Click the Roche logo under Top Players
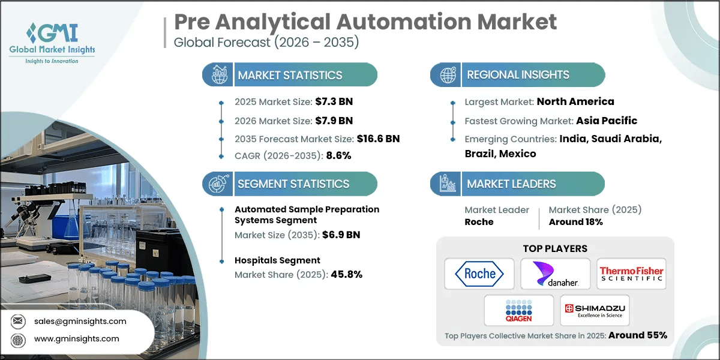point(479,274)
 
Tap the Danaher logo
point(555,274)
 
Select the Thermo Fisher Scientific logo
point(632,274)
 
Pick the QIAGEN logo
point(519,310)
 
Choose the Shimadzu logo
point(594,310)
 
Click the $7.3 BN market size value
point(329,101)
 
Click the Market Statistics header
point(290,75)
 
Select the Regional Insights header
point(518,75)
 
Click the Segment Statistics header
point(293,184)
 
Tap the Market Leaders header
point(511,184)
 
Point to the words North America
point(575,101)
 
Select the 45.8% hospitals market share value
point(346,274)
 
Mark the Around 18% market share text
point(575,221)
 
